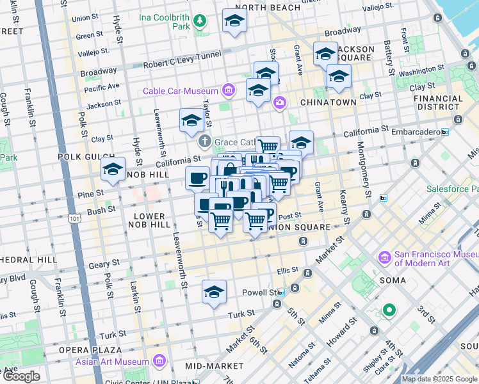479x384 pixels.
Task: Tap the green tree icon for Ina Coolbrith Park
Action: point(200,22)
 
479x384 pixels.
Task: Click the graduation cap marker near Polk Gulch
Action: point(113,170)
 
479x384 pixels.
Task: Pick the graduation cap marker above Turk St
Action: point(214,292)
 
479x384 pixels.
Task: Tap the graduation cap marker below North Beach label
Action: point(234,21)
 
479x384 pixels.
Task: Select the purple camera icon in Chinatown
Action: point(279,102)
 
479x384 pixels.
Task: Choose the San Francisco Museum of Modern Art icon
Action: point(385,258)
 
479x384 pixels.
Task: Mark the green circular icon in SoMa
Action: point(389,311)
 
